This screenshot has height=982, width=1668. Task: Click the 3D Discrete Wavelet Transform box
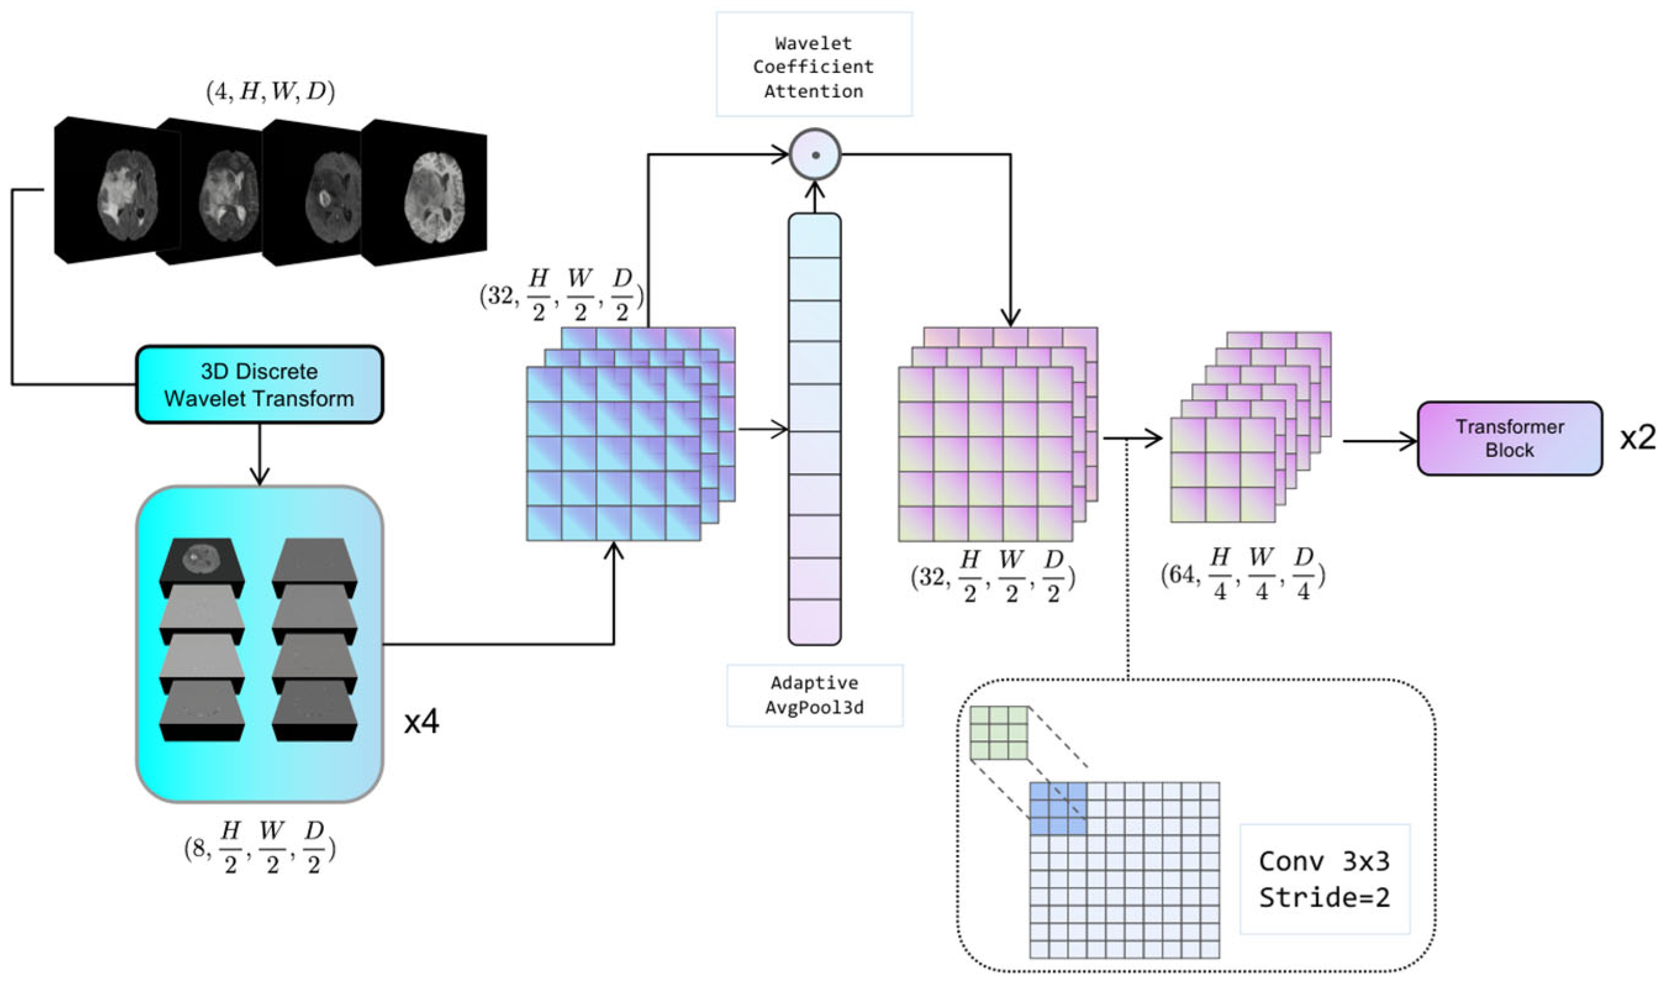point(259,384)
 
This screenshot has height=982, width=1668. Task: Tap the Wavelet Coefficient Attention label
point(814,66)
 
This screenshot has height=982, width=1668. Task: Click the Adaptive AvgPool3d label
point(814,695)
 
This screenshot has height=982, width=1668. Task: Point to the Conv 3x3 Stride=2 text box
point(1324,879)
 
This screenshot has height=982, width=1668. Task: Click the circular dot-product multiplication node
point(815,155)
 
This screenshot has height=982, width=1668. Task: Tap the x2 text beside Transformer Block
point(1637,438)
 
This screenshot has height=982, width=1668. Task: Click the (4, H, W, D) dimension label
point(270,91)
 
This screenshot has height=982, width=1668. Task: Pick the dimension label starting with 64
point(1242,574)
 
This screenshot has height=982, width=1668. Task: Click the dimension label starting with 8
point(260,848)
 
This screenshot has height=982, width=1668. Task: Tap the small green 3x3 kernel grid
point(998,733)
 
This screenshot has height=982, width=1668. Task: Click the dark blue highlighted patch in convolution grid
point(1058,808)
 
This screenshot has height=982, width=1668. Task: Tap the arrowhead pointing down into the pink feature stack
point(1010,317)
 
